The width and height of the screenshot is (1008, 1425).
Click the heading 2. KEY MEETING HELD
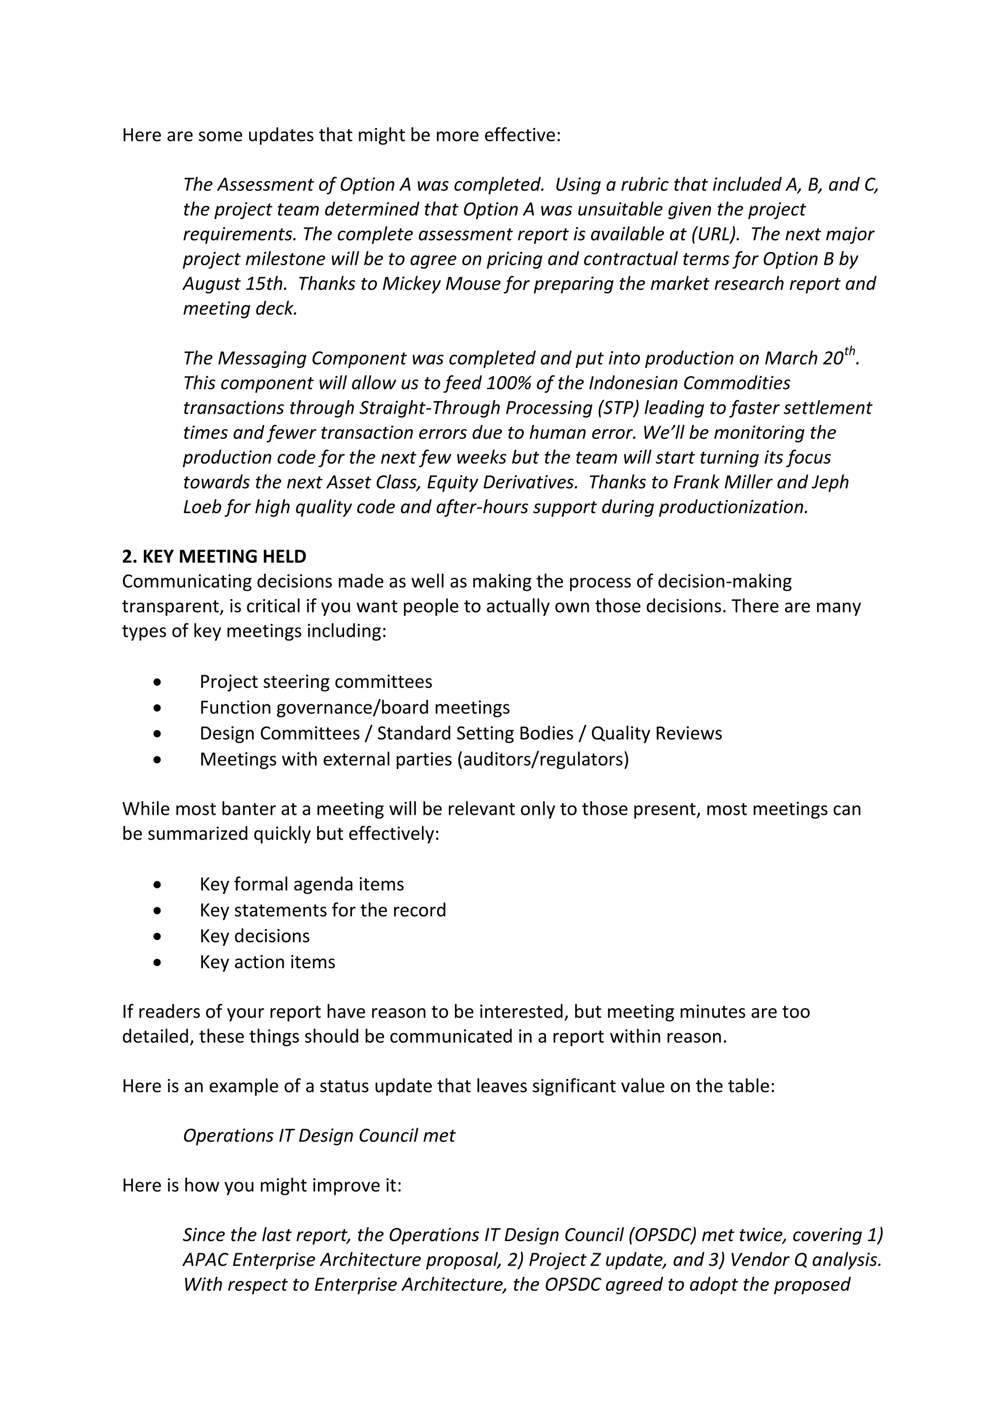click(214, 556)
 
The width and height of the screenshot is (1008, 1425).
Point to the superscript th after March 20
click(849, 351)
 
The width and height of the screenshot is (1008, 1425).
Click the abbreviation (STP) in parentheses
click(611, 408)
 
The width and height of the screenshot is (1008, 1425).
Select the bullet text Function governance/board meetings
click(354, 708)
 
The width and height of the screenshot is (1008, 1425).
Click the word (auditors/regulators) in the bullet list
click(542, 759)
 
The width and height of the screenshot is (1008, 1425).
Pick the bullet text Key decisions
click(254, 936)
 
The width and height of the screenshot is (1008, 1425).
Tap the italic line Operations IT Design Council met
click(319, 1136)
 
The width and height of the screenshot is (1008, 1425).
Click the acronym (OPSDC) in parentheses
click(661, 1235)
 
